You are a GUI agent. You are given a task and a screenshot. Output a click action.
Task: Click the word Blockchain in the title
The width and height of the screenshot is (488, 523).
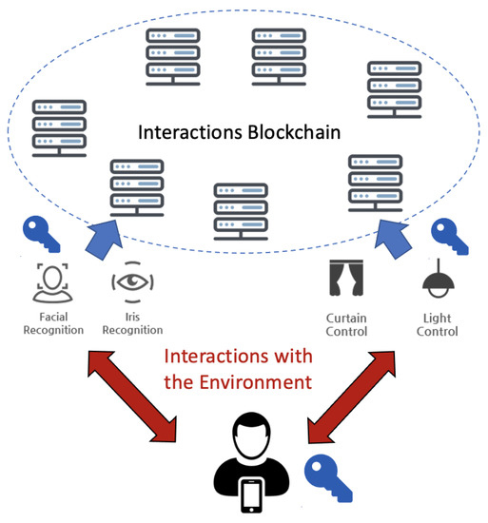tap(294, 132)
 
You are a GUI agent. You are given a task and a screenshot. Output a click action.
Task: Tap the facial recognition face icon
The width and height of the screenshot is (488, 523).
tap(52, 282)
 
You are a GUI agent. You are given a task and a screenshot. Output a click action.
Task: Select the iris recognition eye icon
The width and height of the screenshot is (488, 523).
tap(132, 282)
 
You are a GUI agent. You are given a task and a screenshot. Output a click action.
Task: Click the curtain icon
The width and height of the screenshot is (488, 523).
tap(346, 278)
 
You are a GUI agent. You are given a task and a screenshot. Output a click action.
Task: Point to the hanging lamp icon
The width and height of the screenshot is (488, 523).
tap(439, 279)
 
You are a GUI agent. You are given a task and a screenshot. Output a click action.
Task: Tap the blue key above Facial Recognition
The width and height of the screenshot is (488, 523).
tap(41, 234)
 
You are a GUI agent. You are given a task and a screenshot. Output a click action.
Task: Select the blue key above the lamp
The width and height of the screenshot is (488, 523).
tap(450, 236)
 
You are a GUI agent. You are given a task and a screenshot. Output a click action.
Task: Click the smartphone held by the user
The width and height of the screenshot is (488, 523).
tap(252, 495)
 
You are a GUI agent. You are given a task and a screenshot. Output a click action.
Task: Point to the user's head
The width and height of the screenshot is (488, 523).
tap(251, 436)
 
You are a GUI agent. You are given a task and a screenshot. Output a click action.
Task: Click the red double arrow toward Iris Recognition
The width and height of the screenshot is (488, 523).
tap(132, 396)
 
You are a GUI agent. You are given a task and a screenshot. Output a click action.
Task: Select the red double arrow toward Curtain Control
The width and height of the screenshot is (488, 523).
tap(352, 397)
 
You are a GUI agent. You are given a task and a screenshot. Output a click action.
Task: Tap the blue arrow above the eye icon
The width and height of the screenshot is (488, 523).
tap(105, 239)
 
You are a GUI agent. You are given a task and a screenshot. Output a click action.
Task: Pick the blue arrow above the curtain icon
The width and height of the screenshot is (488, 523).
tap(393, 239)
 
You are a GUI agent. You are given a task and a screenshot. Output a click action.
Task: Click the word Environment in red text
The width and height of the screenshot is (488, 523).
tap(256, 382)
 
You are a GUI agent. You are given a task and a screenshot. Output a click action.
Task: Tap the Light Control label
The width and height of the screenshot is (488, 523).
tap(437, 325)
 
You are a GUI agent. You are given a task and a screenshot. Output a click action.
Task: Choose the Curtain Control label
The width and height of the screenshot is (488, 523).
tap(346, 325)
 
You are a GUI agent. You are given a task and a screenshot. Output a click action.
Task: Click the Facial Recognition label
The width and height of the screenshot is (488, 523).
tap(53, 323)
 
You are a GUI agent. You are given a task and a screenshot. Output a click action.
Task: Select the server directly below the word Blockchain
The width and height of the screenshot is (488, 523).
tap(241, 211)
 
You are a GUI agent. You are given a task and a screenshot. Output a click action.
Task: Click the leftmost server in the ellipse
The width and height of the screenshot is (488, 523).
tap(59, 128)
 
